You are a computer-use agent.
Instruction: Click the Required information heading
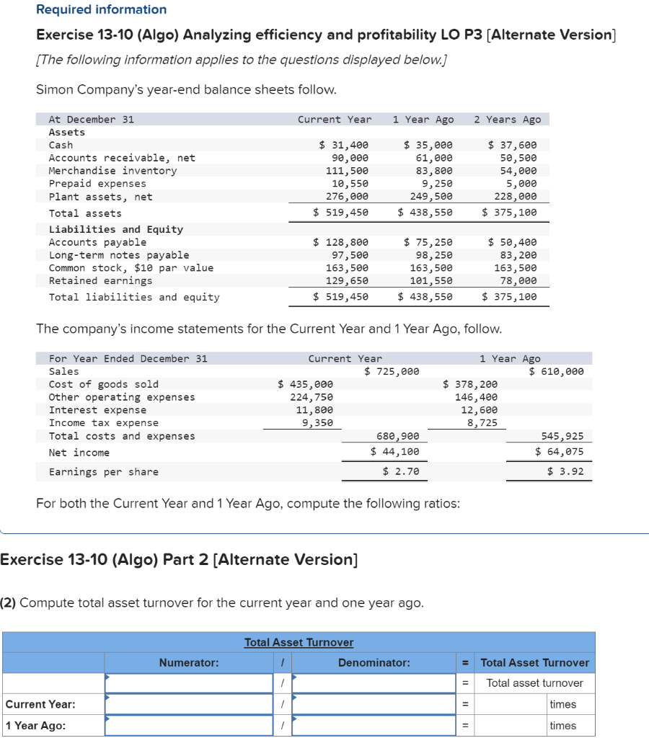[101, 9]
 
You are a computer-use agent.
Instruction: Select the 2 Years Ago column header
[507, 120]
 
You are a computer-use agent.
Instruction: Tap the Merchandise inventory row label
[112, 171]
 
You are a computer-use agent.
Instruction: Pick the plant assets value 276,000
[350, 197]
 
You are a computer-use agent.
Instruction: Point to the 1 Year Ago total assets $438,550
[425, 213]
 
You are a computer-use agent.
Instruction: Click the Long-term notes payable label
[119, 255]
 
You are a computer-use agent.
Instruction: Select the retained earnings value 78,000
[518, 281]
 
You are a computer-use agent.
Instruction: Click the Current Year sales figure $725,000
[392, 371]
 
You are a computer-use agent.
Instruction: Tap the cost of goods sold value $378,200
[470, 384]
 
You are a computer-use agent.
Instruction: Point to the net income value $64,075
[560, 452]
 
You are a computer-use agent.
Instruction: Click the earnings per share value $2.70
[401, 472]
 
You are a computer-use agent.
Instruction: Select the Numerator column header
[189, 662]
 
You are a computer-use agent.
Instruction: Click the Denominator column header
[374, 662]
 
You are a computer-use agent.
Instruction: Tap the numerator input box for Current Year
[189, 704]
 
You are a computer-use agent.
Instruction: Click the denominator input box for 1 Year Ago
[374, 725]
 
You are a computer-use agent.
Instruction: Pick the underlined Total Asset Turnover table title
[299, 642]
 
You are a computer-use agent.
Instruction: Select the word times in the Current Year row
[562, 704]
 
